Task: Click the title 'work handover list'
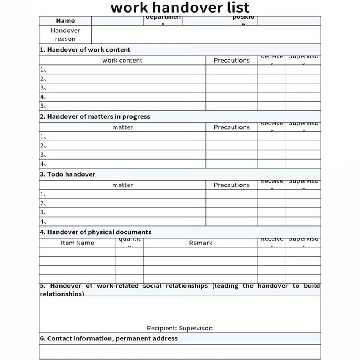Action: [x=180, y=8]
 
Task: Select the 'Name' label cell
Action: [x=65, y=21]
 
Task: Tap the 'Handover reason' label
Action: [x=65, y=34]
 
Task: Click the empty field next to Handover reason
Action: [x=206, y=34]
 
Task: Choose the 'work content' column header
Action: [x=122, y=60]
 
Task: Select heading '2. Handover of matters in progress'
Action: [x=95, y=117]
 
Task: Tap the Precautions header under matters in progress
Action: [x=232, y=127]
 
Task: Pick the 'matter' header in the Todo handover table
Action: [x=122, y=185]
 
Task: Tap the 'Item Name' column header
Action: [x=77, y=243]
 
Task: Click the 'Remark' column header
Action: [x=200, y=243]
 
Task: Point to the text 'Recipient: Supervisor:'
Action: [x=180, y=328]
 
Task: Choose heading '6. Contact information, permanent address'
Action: [x=108, y=338]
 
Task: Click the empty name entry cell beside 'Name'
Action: [x=117, y=21]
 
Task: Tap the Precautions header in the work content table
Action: [x=232, y=60]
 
